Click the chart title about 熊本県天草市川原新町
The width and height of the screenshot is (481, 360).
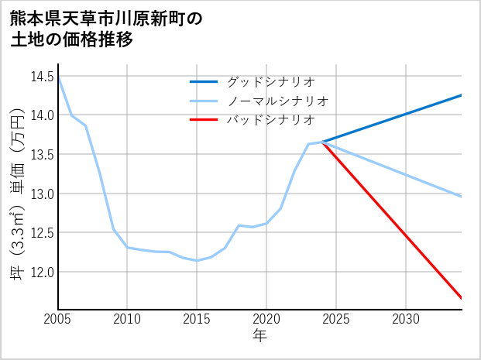pyautogui.click(x=107, y=29)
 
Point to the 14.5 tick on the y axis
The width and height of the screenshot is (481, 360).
pyautogui.click(x=42, y=77)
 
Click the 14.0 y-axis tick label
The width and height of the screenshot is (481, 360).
pyautogui.click(x=42, y=115)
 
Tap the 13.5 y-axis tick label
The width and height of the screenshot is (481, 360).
pyautogui.click(x=42, y=155)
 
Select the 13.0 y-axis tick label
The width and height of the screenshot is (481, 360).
pyautogui.click(x=42, y=194)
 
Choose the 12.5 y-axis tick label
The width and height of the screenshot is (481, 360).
pyautogui.click(x=42, y=233)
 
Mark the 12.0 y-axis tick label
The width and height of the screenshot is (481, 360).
pyautogui.click(x=42, y=273)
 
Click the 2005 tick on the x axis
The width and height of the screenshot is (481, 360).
pyautogui.click(x=57, y=319)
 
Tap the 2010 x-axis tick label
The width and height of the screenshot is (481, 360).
pyautogui.click(x=127, y=319)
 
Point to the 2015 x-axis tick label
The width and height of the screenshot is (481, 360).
pyautogui.click(x=197, y=319)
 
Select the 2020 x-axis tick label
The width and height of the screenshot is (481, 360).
pyautogui.click(x=266, y=319)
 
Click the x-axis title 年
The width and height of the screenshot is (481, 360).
pyautogui.click(x=259, y=336)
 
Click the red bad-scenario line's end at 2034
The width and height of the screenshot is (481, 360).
pyautogui.click(x=461, y=297)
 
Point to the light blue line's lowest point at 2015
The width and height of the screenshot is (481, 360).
pyautogui.click(x=197, y=260)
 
